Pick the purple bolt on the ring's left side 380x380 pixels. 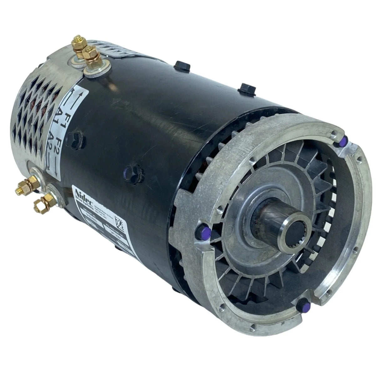click(198, 232)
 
